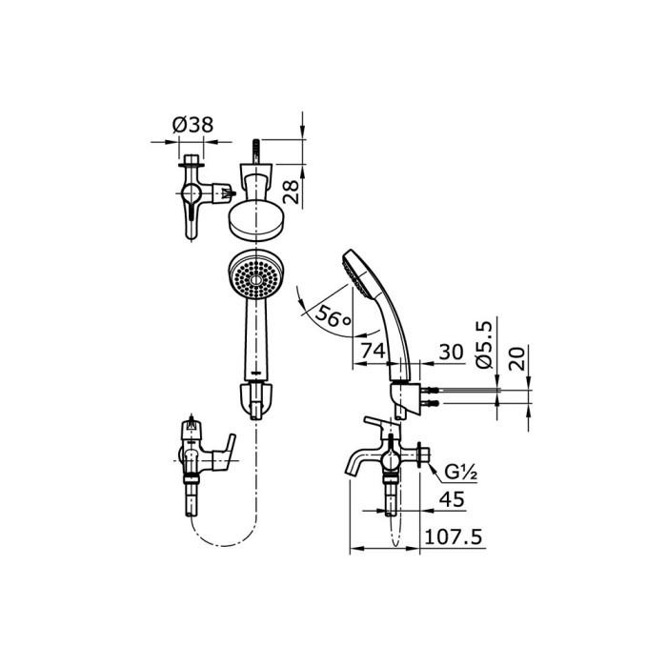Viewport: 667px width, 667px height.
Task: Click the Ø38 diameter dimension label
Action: click(x=192, y=123)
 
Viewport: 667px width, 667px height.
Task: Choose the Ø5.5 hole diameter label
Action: click(x=484, y=346)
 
